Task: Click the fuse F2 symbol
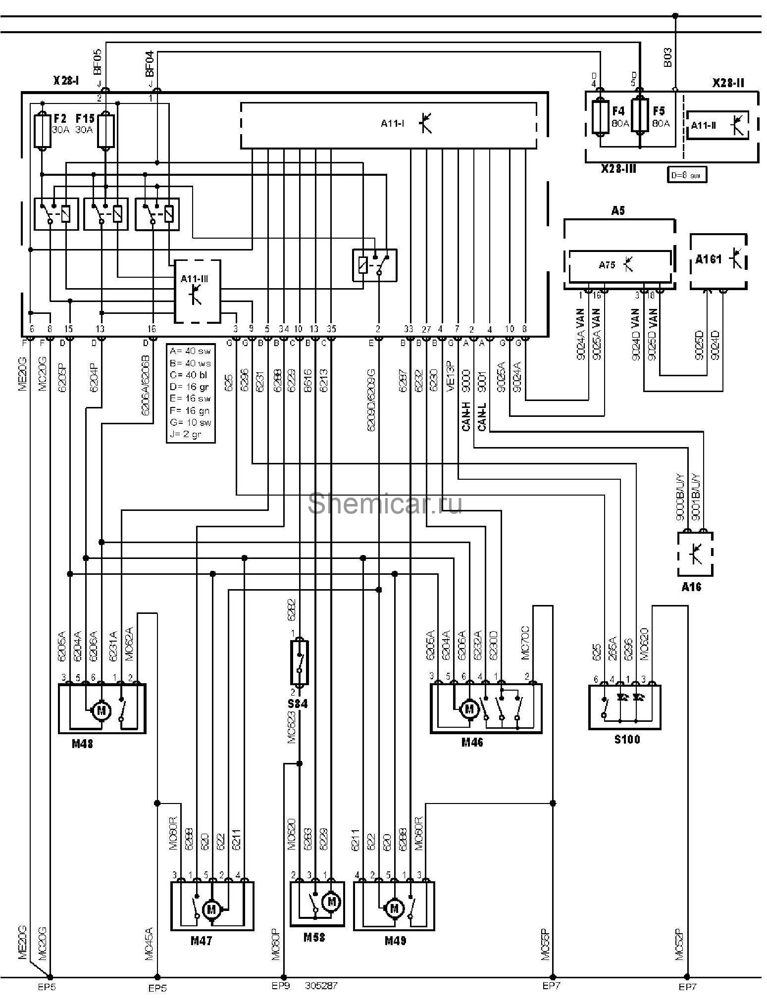pyautogui.click(x=43, y=131)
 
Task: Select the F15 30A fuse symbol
pyautogui.click(x=106, y=131)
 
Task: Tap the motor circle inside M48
pyautogui.click(x=102, y=711)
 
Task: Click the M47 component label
pyautogui.click(x=202, y=941)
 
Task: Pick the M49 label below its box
pyautogui.click(x=395, y=941)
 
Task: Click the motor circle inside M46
pyautogui.click(x=469, y=709)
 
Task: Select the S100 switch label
pyautogui.click(x=626, y=740)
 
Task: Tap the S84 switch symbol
pyautogui.click(x=299, y=662)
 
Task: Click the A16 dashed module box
pyautogui.click(x=695, y=554)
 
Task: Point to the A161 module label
pyautogui.click(x=709, y=259)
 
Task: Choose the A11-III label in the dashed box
pyautogui.click(x=194, y=279)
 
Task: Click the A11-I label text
pyautogui.click(x=392, y=123)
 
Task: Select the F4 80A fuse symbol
pyautogui.click(x=600, y=117)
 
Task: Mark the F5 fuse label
pyautogui.click(x=659, y=111)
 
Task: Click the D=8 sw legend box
pyautogui.click(x=686, y=175)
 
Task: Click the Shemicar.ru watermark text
pyautogui.click(x=385, y=503)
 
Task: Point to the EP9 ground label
pyautogui.click(x=281, y=985)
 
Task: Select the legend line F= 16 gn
pyautogui.click(x=190, y=410)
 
